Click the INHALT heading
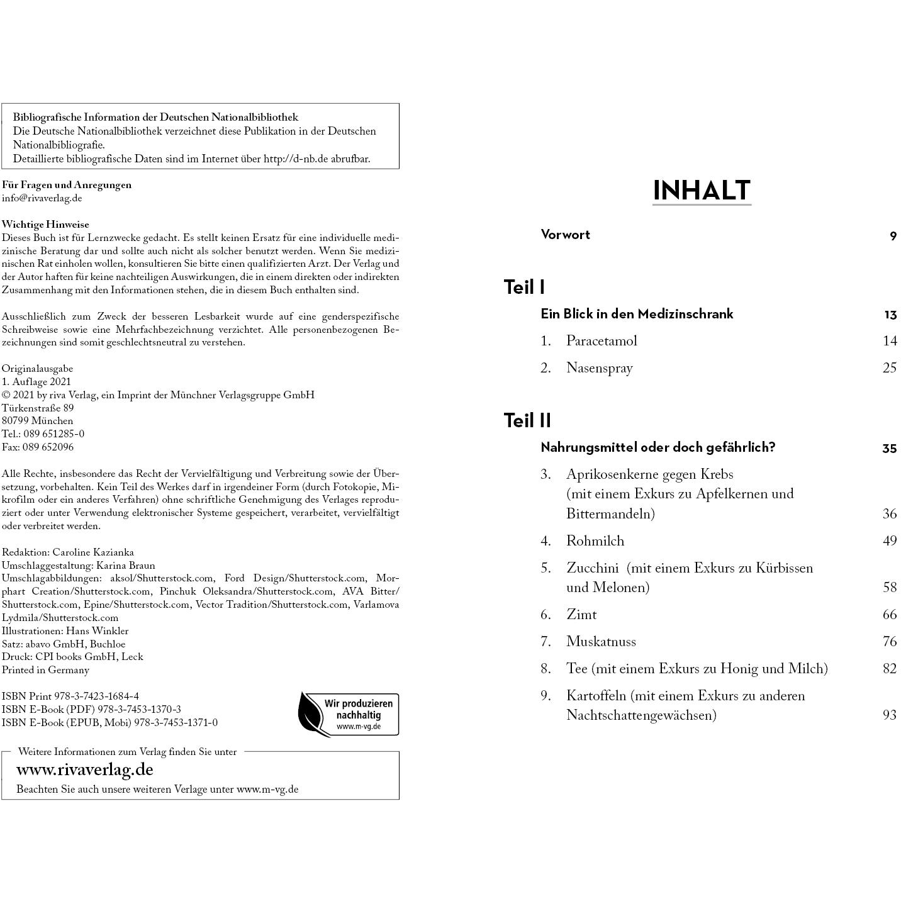point(702,190)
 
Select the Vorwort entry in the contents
point(565,235)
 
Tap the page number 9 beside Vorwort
point(893,237)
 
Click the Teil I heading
point(524,287)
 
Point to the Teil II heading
point(527,420)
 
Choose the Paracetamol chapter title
point(602,341)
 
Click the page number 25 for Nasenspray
point(889,368)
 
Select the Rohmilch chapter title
point(595,541)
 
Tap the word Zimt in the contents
point(581,615)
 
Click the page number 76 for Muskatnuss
point(889,642)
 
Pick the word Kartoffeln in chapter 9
point(596,696)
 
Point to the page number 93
point(889,715)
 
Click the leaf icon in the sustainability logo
point(311,715)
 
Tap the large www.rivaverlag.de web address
point(85,769)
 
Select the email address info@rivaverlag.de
point(42,198)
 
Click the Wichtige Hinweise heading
point(45,225)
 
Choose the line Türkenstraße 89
point(38,408)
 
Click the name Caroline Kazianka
point(93,552)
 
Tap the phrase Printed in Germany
point(45,670)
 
